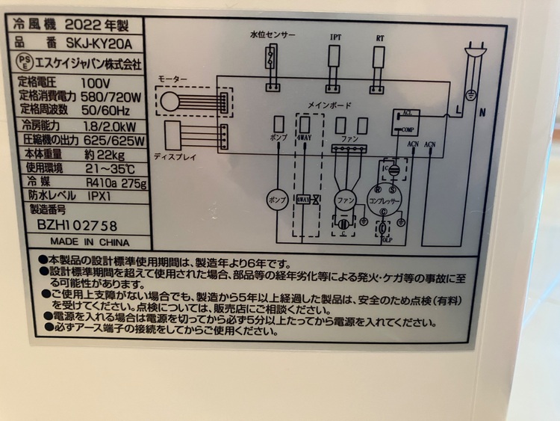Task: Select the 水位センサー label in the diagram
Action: [272, 36]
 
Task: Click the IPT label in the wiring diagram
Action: [335, 37]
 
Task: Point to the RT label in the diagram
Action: [379, 37]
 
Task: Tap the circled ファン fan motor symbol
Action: [344, 201]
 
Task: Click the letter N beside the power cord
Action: [482, 114]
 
